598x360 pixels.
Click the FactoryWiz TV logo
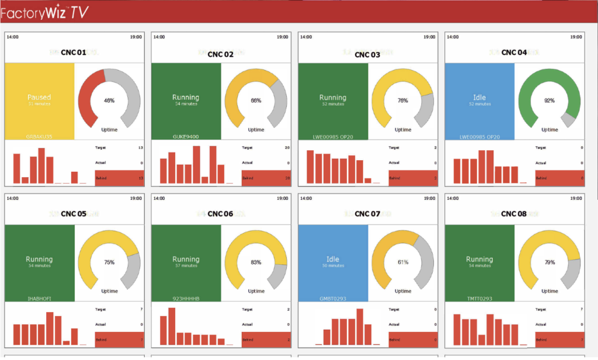click(x=44, y=12)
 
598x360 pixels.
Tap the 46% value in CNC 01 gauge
click(x=109, y=101)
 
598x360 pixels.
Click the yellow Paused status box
click(x=39, y=101)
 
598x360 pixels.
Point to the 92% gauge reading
click(x=550, y=101)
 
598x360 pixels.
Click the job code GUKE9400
click(x=185, y=137)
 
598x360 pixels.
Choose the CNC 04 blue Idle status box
click(x=479, y=101)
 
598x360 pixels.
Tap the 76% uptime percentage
click(x=403, y=101)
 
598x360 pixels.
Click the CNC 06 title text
click(x=220, y=214)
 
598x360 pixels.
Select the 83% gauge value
click(x=256, y=262)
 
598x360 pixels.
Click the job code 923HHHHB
click(x=186, y=299)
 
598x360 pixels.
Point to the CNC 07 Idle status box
click(x=333, y=262)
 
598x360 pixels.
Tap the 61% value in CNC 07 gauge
click(x=403, y=262)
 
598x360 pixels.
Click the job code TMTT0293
click(x=479, y=299)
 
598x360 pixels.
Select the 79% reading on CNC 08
click(x=550, y=262)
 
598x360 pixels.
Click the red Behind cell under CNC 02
click(x=266, y=178)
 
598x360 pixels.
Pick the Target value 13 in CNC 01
click(x=140, y=148)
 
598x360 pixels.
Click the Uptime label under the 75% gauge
click(x=109, y=291)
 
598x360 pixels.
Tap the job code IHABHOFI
click(x=40, y=299)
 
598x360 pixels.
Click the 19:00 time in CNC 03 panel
click(x=429, y=37)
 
